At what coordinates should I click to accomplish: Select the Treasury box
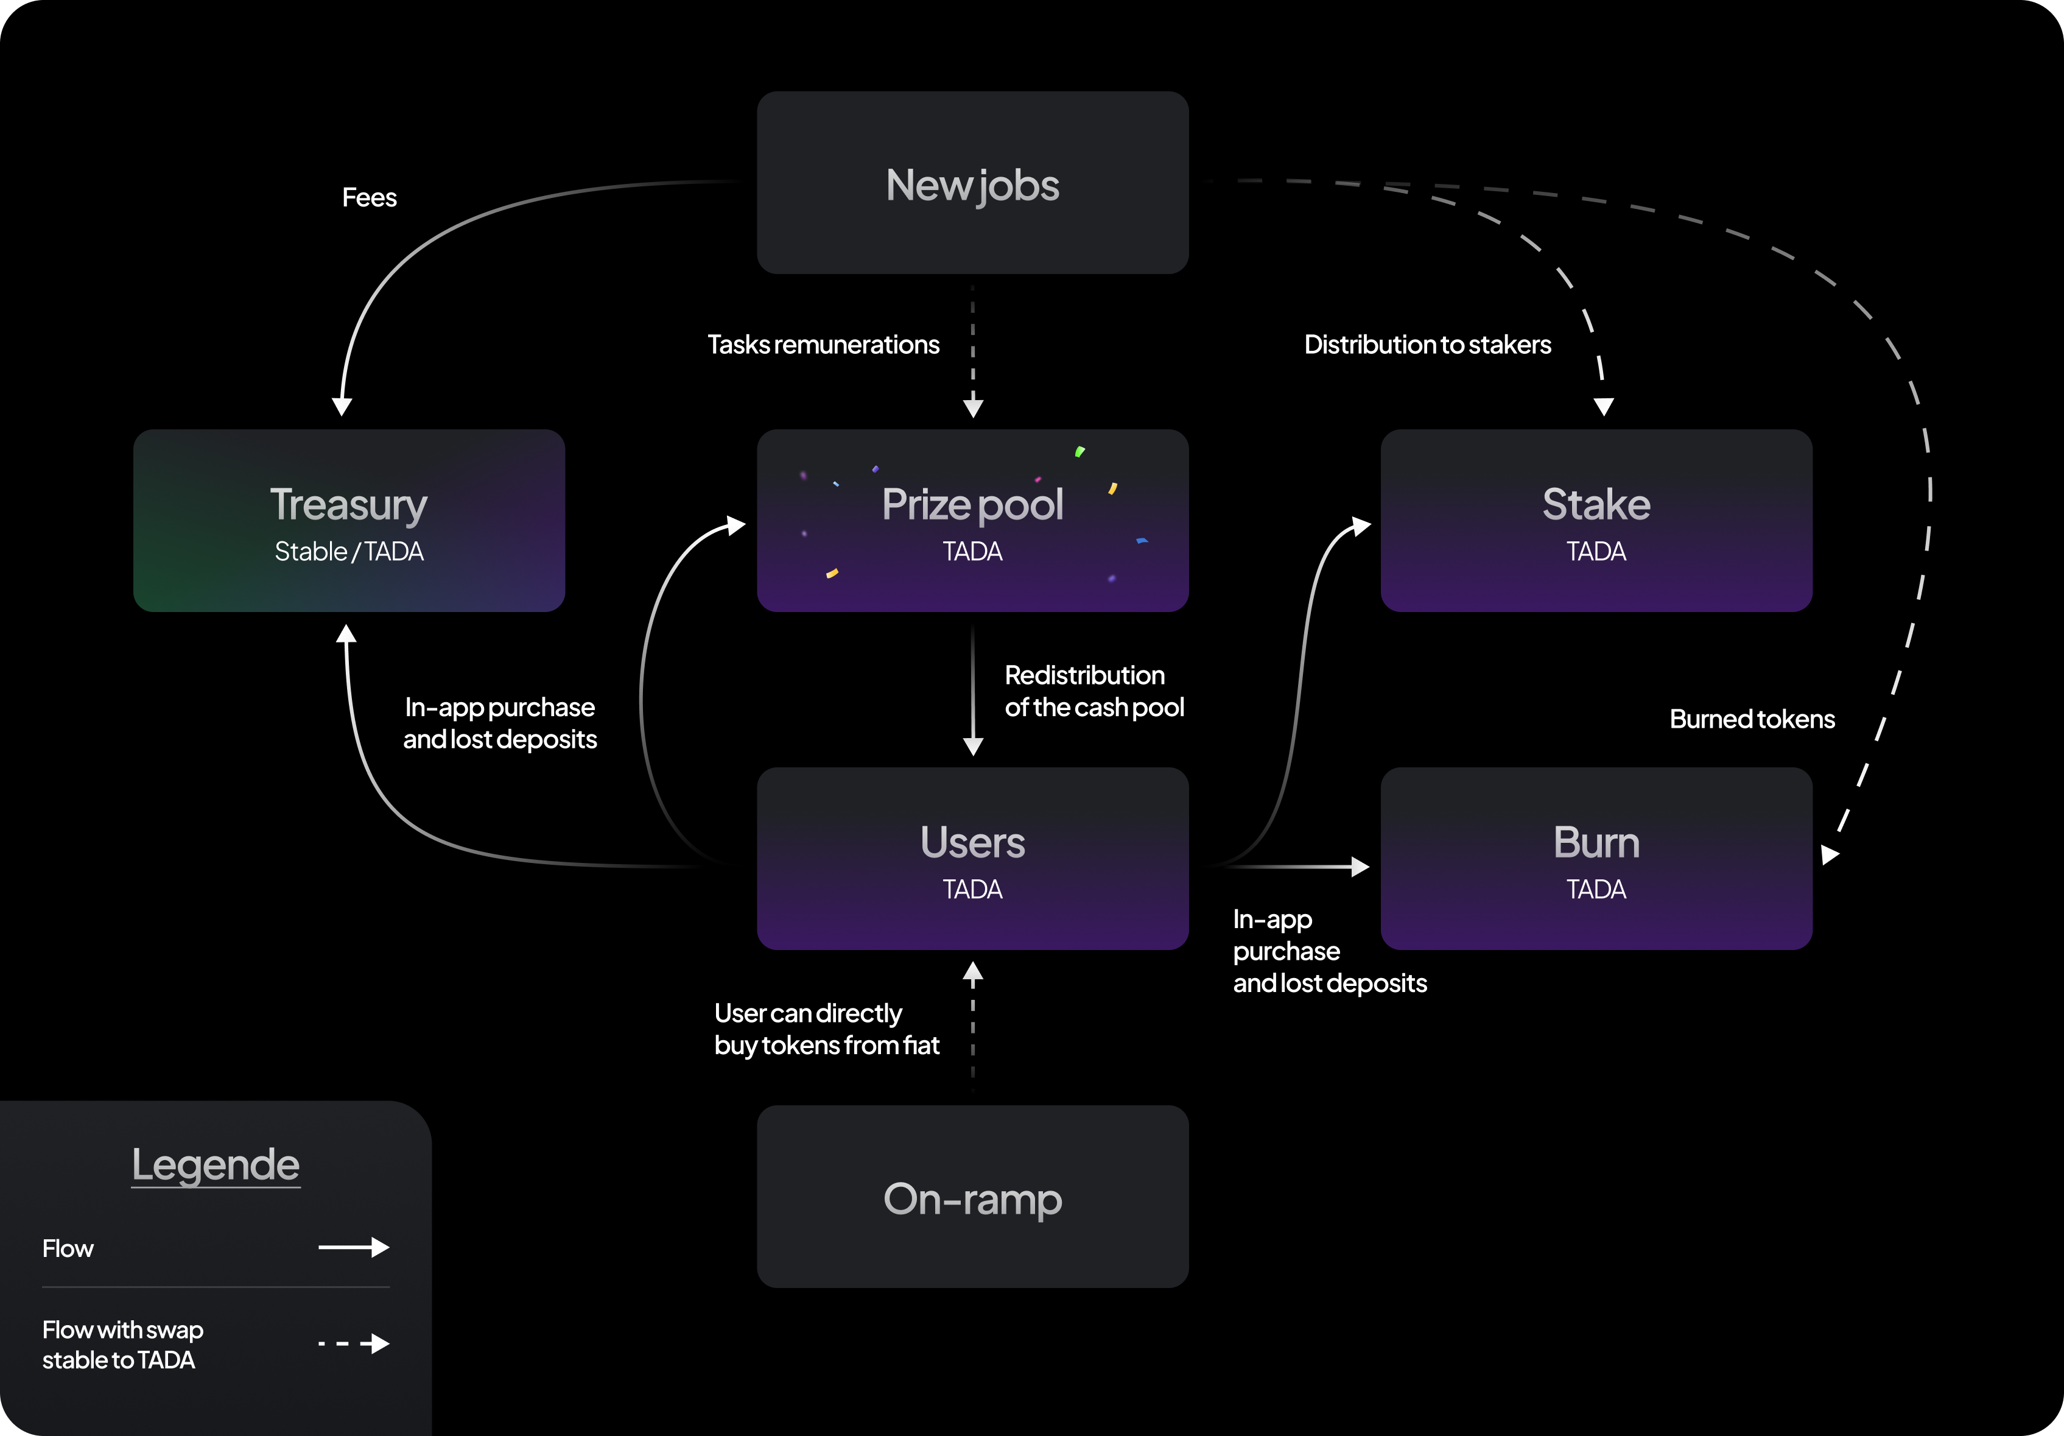pyautogui.click(x=349, y=521)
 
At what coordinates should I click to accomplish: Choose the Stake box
pyautogui.click(x=1596, y=521)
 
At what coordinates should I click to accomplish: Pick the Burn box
pyautogui.click(x=1596, y=859)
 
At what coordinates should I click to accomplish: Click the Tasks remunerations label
pyautogui.click(x=823, y=345)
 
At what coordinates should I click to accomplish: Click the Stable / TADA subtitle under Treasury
pyautogui.click(x=349, y=551)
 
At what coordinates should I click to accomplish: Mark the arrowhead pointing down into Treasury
pyautogui.click(x=342, y=406)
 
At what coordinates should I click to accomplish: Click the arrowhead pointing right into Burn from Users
pyautogui.click(x=1360, y=867)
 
